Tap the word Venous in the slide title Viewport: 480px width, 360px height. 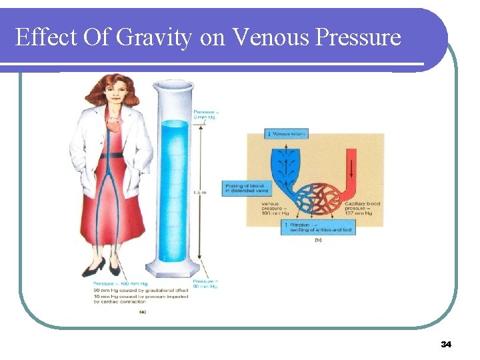pos(265,37)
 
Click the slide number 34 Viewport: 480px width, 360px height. pos(446,344)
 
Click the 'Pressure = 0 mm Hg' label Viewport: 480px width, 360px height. pos(206,114)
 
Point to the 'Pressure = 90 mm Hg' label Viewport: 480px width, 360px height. pos(206,285)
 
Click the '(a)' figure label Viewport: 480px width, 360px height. pos(142,311)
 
